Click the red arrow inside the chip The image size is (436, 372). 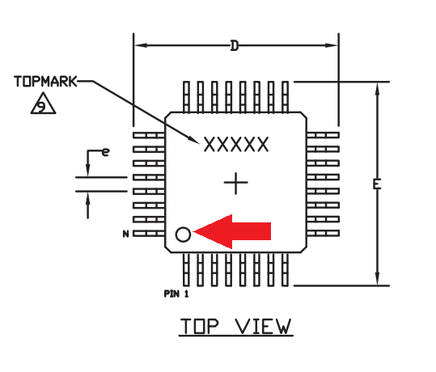coord(232,231)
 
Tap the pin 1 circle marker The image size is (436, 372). coord(183,235)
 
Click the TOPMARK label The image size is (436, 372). coord(45,82)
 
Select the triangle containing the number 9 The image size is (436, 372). coord(43,104)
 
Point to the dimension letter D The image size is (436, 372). coord(235,46)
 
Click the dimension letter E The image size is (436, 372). coord(377,184)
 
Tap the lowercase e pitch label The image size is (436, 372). coord(105,152)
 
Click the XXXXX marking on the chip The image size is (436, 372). coord(236,144)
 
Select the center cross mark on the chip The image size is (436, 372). coord(236,183)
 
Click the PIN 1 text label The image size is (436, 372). coord(176,294)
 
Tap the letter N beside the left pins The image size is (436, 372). coord(125,234)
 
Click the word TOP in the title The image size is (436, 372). coord(199,326)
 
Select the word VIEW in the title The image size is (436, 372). coord(264,326)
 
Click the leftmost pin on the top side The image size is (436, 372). coord(186,97)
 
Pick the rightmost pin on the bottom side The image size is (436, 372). coord(285,269)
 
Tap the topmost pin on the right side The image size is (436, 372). coord(323,135)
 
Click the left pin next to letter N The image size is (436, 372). coord(149,234)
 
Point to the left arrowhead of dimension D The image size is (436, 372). coord(141,45)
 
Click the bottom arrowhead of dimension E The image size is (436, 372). coord(377,278)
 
